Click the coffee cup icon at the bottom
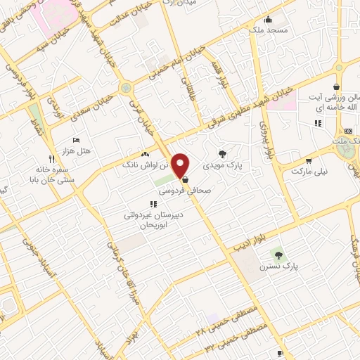tap(280, 352)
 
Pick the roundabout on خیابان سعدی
tap(126, 88)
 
